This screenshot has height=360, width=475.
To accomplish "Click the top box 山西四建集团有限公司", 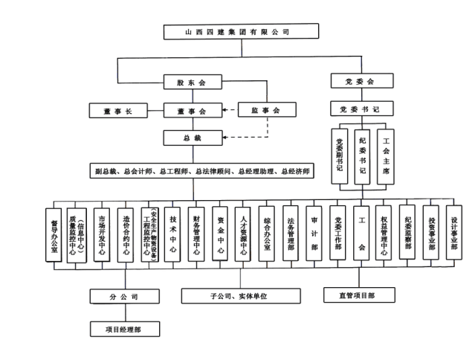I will coord(237,33).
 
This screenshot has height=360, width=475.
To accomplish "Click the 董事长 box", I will coord(123,111).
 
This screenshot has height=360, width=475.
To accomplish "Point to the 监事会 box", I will coord(265,111).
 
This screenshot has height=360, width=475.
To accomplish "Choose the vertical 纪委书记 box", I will coord(362,154).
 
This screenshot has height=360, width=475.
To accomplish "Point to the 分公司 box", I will coord(123,296).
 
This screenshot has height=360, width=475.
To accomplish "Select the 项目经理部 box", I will coord(123,327).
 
